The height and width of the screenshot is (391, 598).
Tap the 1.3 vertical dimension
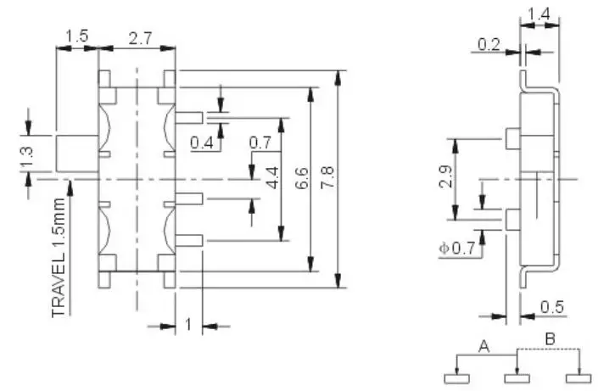tap(26, 157)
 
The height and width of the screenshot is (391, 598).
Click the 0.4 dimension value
tap(202, 143)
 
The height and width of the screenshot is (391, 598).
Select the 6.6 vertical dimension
tap(302, 179)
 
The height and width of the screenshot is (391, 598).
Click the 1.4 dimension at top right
tap(540, 14)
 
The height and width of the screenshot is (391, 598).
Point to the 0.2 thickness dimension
tap(488, 45)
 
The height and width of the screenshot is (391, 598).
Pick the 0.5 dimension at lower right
tap(552, 307)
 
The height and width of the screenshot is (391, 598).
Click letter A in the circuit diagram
tap(484, 345)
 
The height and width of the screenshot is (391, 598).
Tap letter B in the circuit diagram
tap(549, 339)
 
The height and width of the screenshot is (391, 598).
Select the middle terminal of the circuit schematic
tap(515, 377)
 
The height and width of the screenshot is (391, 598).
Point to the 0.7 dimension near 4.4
tap(260, 142)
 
